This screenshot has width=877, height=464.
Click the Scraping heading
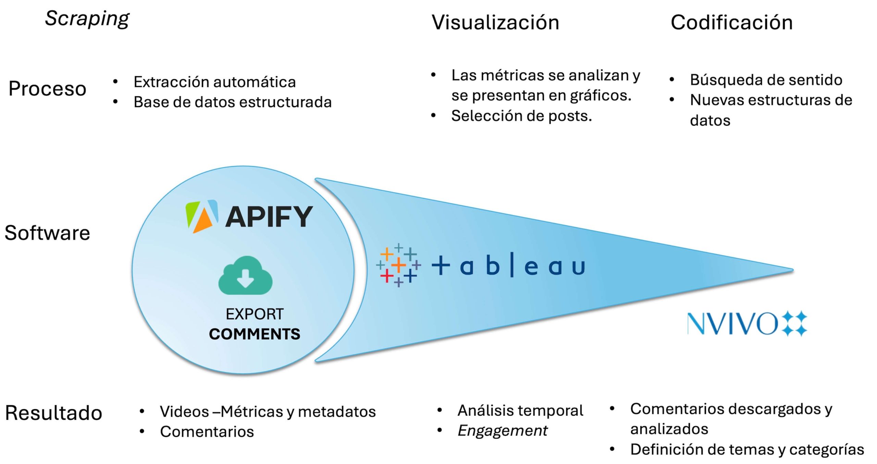tap(87, 19)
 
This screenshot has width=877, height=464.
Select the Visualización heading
tap(495, 23)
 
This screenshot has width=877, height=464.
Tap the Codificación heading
tap(731, 23)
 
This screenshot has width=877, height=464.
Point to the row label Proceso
tap(47, 89)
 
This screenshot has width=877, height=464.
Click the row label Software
tap(47, 233)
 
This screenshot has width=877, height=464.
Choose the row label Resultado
tap(54, 413)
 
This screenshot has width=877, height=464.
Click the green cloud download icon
tap(245, 276)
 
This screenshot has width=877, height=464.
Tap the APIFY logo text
tap(269, 217)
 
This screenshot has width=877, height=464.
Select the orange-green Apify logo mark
tap(201, 216)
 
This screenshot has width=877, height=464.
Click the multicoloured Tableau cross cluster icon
tap(398, 265)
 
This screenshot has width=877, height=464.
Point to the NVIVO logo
tap(747, 323)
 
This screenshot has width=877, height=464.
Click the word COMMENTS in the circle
tap(255, 334)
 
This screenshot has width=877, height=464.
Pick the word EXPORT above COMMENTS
tap(255, 314)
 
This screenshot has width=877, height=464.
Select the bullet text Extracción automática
tap(214, 82)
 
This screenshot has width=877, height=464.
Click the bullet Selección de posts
tap(521, 116)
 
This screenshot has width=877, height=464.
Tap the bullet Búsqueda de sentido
tap(766, 80)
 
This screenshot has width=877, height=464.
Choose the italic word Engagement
tap(503, 431)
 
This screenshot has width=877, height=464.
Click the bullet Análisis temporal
tap(520, 411)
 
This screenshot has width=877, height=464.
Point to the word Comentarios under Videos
tap(207, 432)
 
